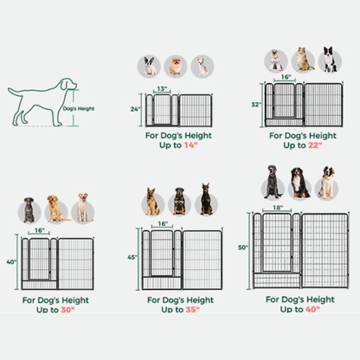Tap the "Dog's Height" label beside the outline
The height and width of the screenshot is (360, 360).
[x=79, y=109]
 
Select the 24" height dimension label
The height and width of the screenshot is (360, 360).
[x=135, y=109]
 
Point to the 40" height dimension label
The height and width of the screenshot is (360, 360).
[x=10, y=261]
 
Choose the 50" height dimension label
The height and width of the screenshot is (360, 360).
[x=244, y=247]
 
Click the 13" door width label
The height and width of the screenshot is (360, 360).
[x=162, y=88]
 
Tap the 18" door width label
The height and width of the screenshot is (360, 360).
[x=277, y=208]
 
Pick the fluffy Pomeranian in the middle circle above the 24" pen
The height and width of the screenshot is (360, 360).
[x=176, y=66]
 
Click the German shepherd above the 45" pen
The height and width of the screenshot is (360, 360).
[x=154, y=201]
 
